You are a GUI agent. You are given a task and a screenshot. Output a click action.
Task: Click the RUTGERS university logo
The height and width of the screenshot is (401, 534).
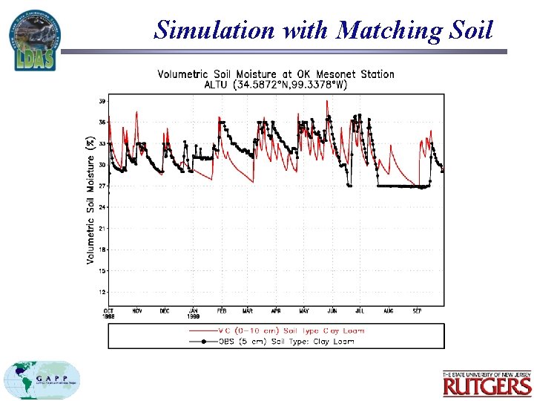tap(487, 383)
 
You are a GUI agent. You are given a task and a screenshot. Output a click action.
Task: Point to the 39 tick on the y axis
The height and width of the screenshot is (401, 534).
tap(102, 100)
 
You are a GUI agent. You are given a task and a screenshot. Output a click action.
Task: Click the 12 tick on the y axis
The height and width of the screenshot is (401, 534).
tap(102, 292)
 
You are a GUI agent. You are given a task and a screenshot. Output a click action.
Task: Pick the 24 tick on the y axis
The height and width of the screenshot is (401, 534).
tap(102, 206)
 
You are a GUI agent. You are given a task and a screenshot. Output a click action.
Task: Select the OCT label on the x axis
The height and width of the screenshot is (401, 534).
tap(108, 311)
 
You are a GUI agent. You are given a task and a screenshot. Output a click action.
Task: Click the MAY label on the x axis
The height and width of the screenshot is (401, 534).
tap(303, 311)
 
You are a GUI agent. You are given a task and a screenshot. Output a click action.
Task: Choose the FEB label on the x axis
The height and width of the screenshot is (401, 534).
tap(220, 311)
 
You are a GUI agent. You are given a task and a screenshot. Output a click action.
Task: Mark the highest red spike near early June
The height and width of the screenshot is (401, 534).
tap(327, 101)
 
